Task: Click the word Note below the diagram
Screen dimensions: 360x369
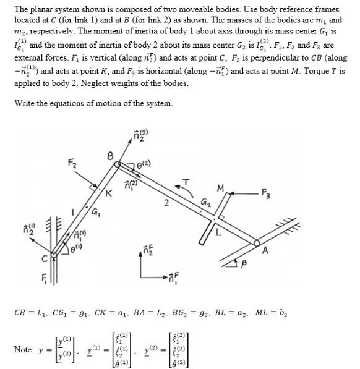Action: (x=25, y=349)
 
